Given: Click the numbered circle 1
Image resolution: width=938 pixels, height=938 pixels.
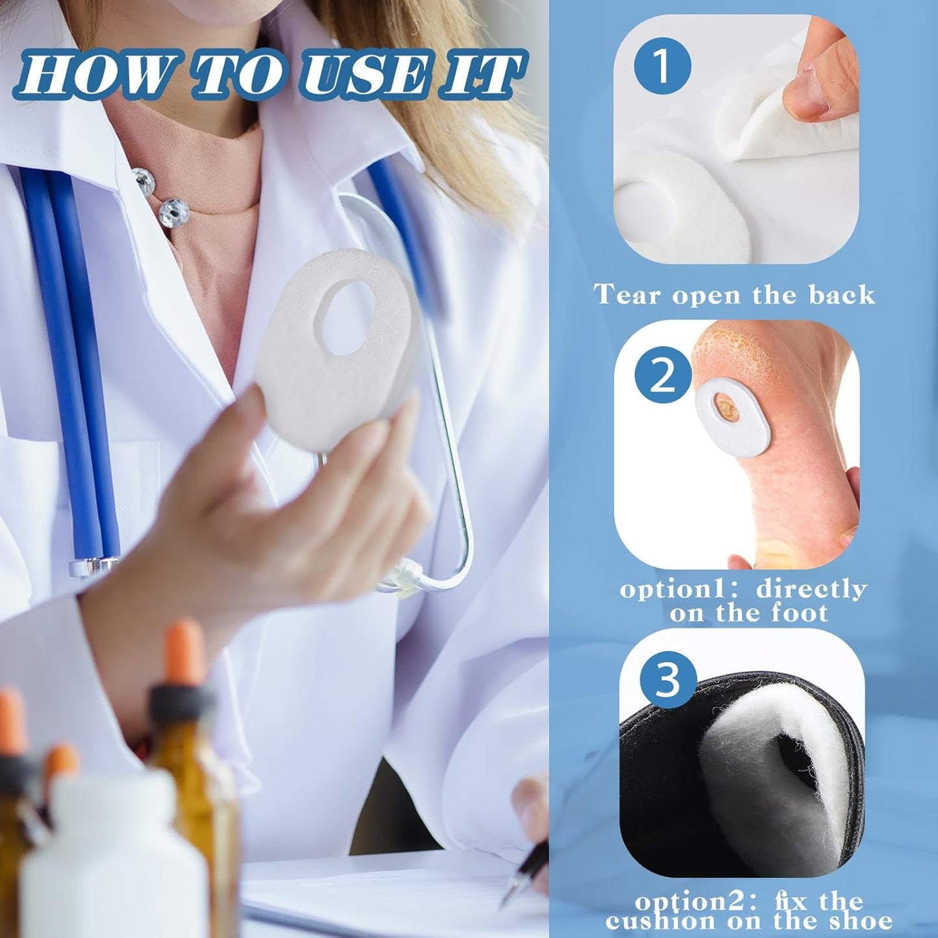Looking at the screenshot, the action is (663, 69).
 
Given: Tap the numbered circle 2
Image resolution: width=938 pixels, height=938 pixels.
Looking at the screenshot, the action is (663, 375).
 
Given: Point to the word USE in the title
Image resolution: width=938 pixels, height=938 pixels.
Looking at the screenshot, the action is (372, 75).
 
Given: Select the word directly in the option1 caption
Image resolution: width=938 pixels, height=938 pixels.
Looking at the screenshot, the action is (811, 589).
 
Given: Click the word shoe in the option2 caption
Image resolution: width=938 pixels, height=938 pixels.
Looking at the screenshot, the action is (859, 920).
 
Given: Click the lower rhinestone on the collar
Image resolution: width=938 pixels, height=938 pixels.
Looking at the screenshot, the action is (174, 212).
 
